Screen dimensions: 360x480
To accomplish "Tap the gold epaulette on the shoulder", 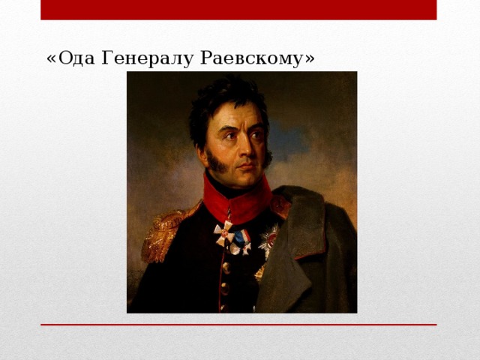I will click(x=163, y=232).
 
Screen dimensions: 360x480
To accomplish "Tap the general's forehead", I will click(x=238, y=116).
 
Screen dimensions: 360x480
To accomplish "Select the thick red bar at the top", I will click(x=238, y=10).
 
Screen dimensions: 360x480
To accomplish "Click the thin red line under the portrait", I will click(x=238, y=325).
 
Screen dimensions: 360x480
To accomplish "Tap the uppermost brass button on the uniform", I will click(x=225, y=266).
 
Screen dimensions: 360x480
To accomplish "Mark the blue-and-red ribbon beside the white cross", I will click(x=241, y=239).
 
